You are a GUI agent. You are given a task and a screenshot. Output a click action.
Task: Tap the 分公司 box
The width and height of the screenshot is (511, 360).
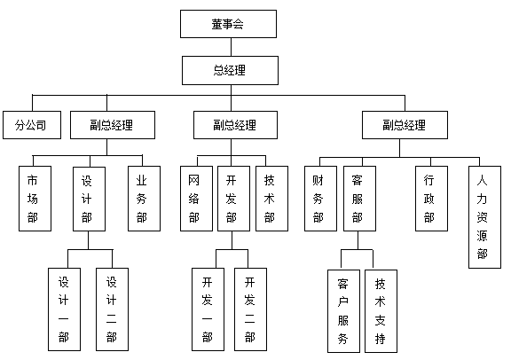(x=31, y=125)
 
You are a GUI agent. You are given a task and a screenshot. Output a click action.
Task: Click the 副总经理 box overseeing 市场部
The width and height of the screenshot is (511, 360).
(x=112, y=125)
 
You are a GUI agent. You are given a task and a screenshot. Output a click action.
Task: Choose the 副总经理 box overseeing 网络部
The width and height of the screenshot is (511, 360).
(x=235, y=125)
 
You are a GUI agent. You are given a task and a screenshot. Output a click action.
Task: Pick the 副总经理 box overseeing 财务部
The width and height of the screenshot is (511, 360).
(x=404, y=125)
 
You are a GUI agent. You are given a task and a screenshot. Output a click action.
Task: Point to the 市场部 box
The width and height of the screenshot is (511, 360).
(x=35, y=198)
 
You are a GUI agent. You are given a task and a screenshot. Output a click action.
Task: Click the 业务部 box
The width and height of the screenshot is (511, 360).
(x=142, y=198)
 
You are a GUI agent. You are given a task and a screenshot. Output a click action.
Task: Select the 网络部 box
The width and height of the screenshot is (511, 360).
(x=194, y=198)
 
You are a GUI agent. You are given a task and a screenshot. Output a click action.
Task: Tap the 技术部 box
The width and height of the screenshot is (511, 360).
(x=271, y=198)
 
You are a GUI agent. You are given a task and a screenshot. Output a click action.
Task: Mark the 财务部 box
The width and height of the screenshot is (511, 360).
(x=319, y=198)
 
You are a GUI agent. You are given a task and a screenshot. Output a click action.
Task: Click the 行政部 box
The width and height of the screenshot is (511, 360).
(x=430, y=198)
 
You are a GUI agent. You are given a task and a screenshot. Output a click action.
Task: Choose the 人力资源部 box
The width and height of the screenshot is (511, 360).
(x=483, y=216)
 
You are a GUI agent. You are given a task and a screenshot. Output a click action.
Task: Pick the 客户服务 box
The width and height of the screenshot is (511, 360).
(x=343, y=309)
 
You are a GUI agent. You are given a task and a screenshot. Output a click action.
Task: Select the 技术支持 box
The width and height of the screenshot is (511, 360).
(x=381, y=309)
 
